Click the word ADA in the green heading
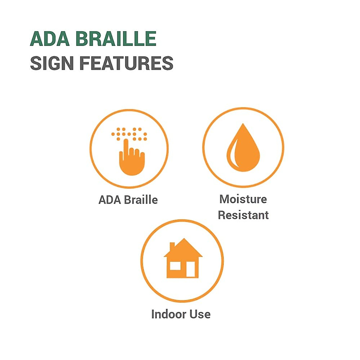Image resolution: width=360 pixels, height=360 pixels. tap(50, 39)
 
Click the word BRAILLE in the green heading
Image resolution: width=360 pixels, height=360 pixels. tap(116, 39)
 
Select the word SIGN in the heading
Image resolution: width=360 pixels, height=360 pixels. tap(52, 63)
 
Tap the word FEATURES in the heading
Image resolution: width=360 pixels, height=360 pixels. tap(127, 63)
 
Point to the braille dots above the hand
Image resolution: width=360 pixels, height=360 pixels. tap(129, 134)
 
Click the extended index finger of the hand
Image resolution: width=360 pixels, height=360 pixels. tap(126, 148)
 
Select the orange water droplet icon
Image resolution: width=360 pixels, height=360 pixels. tap(243, 148)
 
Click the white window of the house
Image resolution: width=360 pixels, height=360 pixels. tap(175, 266)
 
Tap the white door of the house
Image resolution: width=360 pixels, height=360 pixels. tap(190, 269)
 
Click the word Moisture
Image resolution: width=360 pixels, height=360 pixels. tap(243, 199)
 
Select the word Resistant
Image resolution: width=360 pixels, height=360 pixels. tap(243, 215)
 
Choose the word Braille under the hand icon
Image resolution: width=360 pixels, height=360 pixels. tap(141, 200)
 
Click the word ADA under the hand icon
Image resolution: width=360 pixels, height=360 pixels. tap(110, 200)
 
